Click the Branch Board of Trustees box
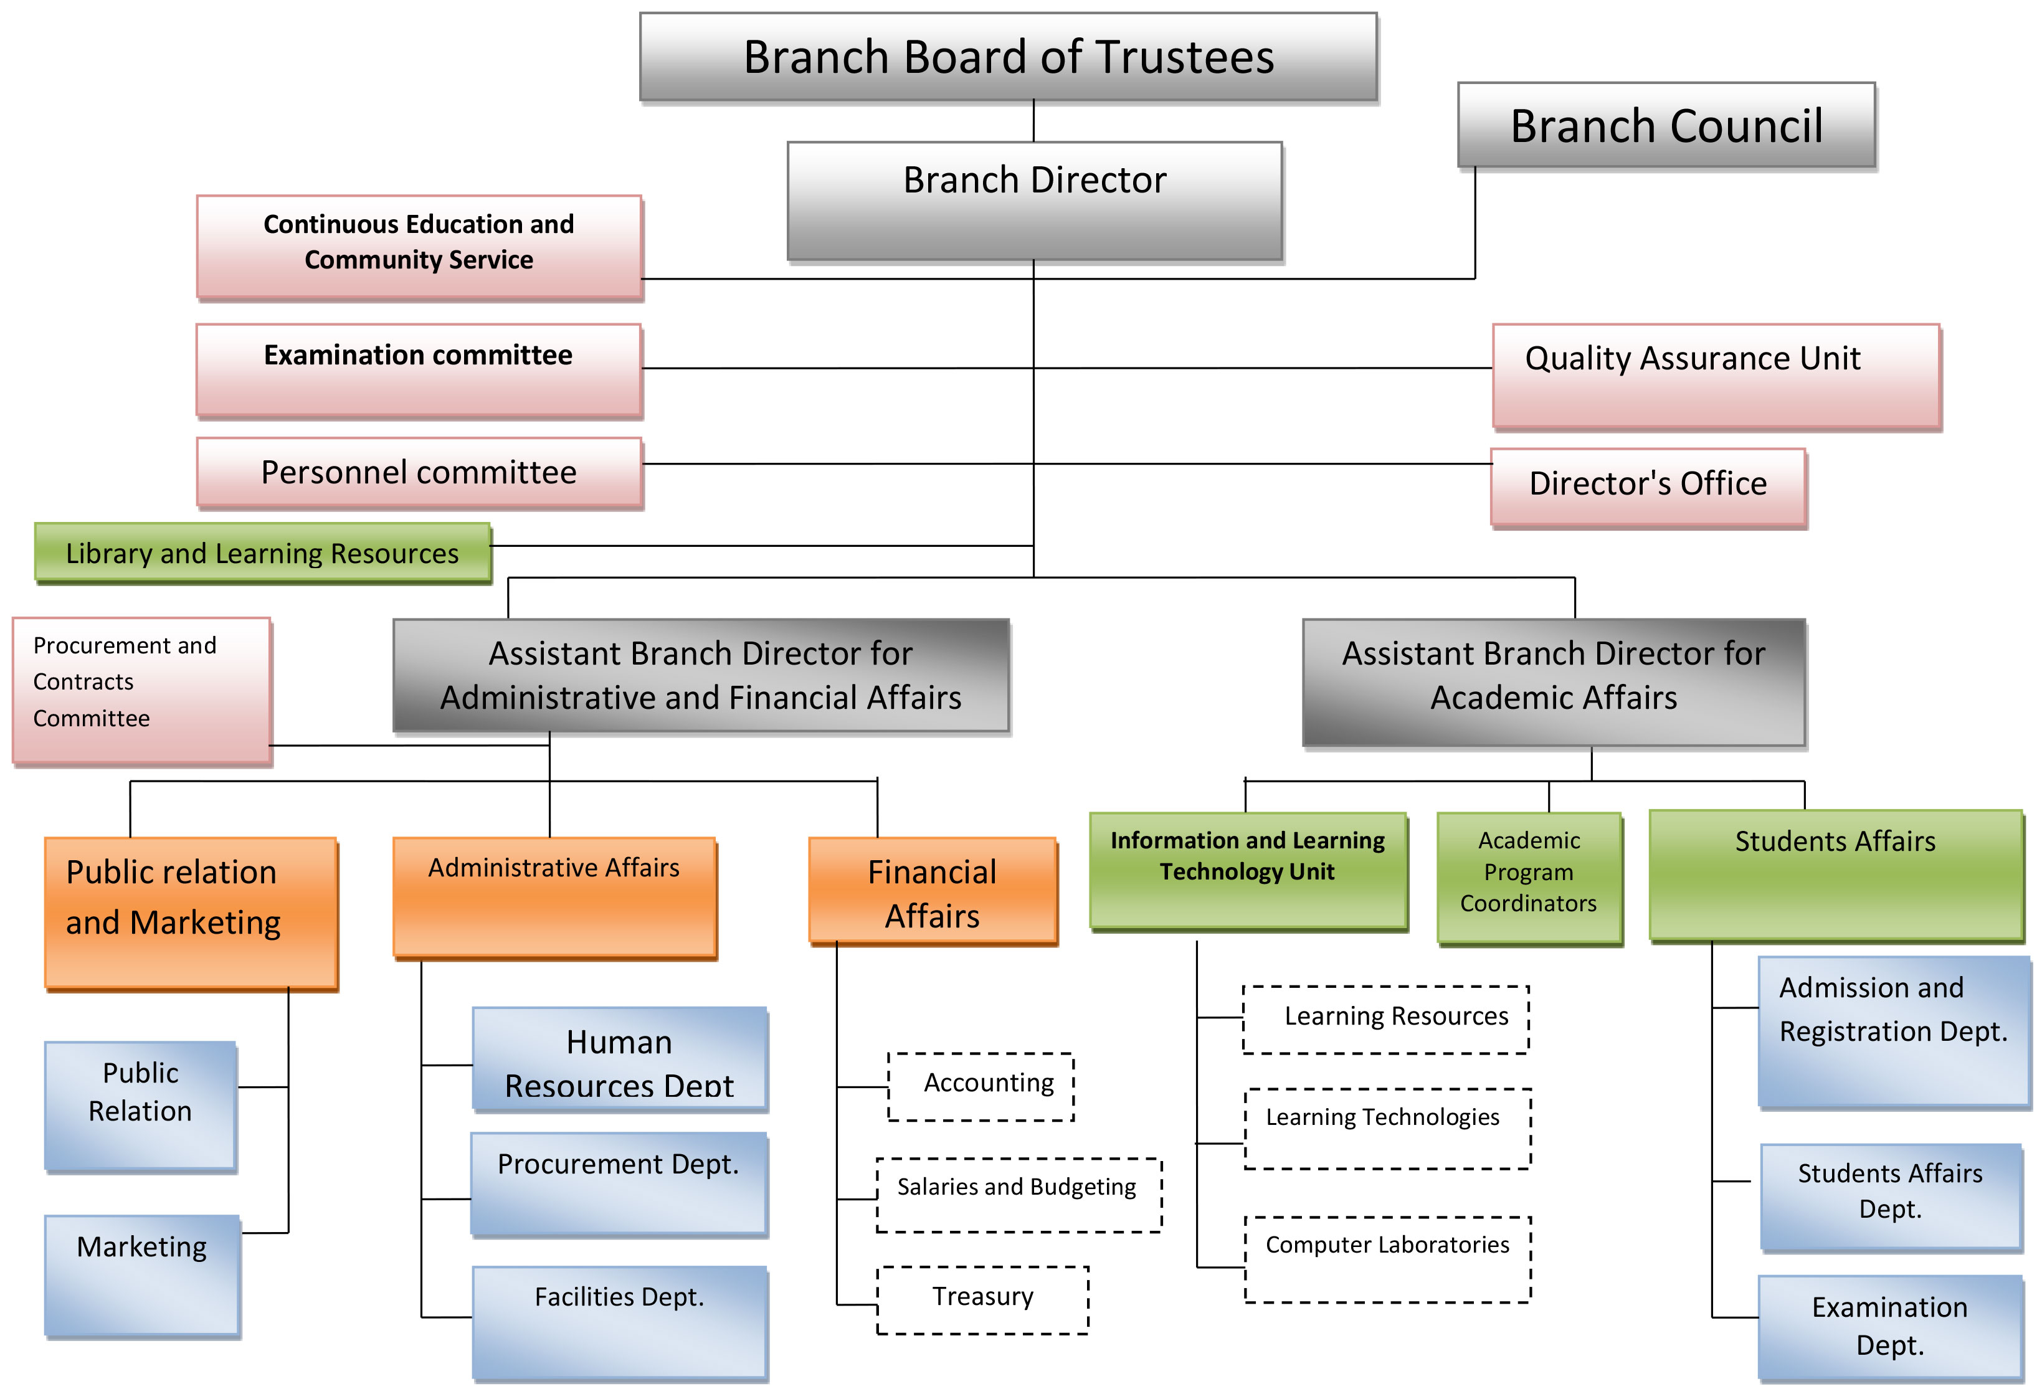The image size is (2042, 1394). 1008,57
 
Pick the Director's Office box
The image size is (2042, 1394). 1648,488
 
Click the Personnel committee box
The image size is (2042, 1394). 419,473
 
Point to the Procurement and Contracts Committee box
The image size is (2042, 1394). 141,690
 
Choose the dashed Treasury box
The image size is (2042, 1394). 982,1300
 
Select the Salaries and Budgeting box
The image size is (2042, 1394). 1019,1195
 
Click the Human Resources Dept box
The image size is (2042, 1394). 619,1060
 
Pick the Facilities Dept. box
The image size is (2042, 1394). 619,1322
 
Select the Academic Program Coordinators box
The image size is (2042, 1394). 1528,878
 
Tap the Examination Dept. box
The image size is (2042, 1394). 1890,1326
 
